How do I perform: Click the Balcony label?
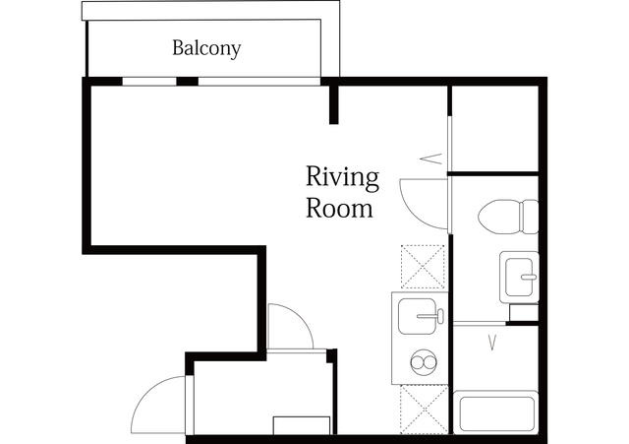tap(206, 48)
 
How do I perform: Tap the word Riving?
tap(343, 177)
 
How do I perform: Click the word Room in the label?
tap(339, 209)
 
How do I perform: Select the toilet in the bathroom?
tap(508, 217)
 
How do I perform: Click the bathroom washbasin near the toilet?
tap(519, 277)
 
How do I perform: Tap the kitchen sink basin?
tap(417, 316)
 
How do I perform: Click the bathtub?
tap(495, 413)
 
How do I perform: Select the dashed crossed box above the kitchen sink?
tap(423, 267)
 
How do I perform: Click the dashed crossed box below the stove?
tap(424, 410)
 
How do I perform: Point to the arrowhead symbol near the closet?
tap(430, 159)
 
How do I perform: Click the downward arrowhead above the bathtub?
tap(492, 343)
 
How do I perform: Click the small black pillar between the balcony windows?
tap(188, 81)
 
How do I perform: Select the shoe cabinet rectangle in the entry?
tap(302, 425)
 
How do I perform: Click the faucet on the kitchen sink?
tap(431, 316)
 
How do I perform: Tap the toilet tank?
tap(529, 217)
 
